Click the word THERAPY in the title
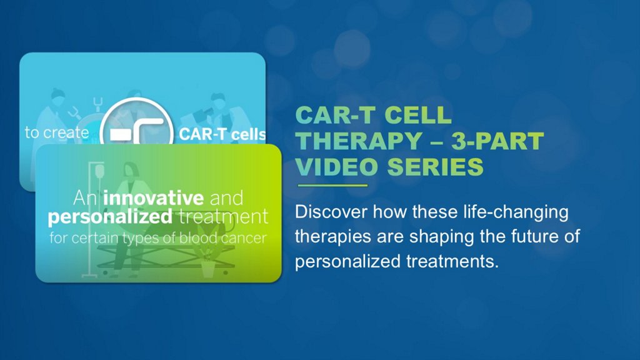click(359, 141)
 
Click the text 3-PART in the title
click(497, 141)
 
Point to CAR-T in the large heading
click(335, 115)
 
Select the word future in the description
click(534, 236)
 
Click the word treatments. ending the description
click(452, 261)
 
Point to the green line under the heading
click(332, 185)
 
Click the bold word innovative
click(154, 198)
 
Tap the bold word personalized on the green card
click(110, 217)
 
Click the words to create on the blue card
click(57, 132)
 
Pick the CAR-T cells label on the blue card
click(222, 134)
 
